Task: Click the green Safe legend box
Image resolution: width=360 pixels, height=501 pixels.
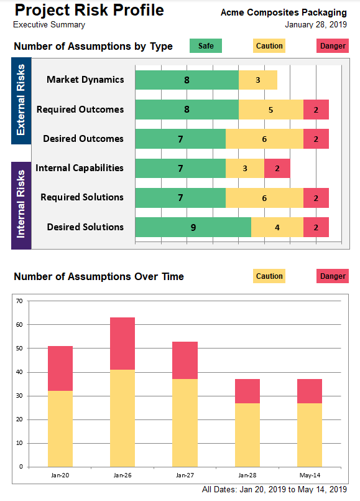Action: tap(206, 45)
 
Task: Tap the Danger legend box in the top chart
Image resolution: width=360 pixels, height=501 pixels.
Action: tap(333, 45)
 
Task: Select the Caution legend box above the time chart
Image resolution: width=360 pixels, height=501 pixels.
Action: tap(269, 276)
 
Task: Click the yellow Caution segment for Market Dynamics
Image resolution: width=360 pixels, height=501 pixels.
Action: tap(258, 80)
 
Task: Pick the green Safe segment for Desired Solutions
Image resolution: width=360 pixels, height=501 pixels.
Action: tap(193, 227)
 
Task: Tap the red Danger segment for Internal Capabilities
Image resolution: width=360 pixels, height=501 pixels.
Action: tap(277, 169)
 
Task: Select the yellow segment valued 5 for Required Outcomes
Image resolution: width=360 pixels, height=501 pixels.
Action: tap(270, 110)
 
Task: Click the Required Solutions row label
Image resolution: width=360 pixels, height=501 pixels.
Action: tap(82, 197)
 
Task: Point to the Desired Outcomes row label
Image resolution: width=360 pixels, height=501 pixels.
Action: tap(83, 139)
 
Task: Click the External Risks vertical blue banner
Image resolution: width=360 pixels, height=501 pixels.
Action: tap(21, 101)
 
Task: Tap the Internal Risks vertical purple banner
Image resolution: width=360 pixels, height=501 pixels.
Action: tap(21, 205)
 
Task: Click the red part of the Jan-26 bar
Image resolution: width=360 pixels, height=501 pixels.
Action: tap(122, 344)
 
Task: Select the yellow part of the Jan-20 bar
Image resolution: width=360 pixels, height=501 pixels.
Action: tap(60, 429)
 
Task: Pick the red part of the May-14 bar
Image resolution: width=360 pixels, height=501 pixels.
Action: tap(310, 391)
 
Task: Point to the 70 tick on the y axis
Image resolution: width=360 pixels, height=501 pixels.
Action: tap(19, 301)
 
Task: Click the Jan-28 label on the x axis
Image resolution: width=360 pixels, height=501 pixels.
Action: tap(247, 475)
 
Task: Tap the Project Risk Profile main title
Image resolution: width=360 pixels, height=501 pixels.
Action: tap(90, 10)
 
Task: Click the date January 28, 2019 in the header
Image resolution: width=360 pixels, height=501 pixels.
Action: tap(316, 25)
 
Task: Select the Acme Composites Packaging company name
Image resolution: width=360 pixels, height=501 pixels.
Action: tap(284, 12)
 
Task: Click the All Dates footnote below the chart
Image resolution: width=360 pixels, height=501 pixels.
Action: tap(274, 490)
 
